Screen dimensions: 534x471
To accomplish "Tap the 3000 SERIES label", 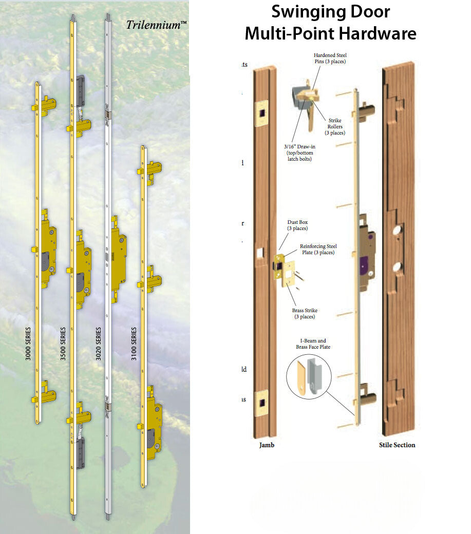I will [x=29, y=344].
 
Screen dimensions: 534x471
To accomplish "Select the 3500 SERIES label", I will [x=63, y=344].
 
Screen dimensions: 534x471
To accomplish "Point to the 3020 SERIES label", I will [x=98, y=344].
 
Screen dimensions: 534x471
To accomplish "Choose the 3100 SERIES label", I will [x=134, y=344].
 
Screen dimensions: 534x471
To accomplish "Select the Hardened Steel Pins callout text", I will [x=330, y=58].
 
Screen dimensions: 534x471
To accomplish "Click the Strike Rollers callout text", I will [x=335, y=127].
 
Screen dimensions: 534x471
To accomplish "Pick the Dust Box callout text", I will [x=297, y=225].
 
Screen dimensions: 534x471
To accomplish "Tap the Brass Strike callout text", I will [x=304, y=313].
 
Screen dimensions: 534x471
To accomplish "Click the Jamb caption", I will [x=267, y=445].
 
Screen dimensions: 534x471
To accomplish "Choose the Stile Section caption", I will [x=397, y=445].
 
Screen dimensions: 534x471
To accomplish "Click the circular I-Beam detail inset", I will [x=309, y=376].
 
